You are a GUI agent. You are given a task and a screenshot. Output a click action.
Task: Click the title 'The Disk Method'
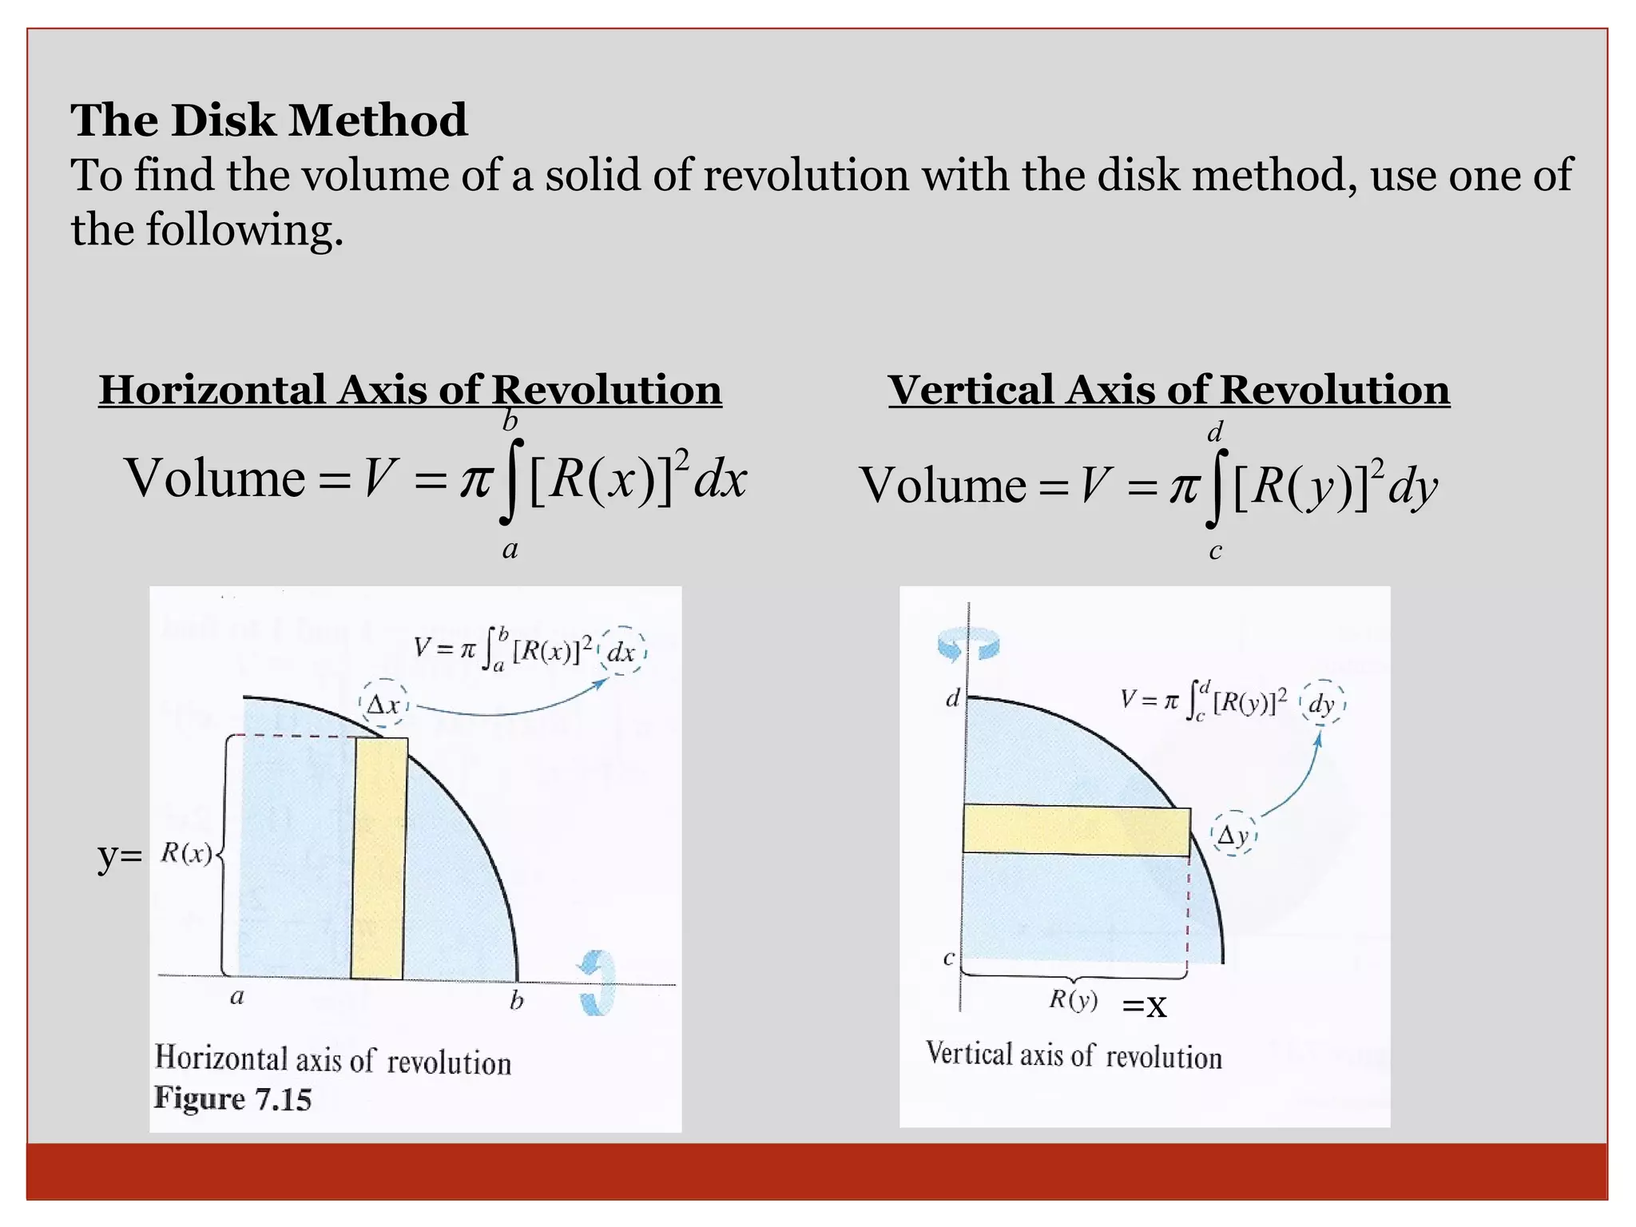[x=269, y=120]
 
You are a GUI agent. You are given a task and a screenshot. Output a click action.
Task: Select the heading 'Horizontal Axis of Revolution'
[x=410, y=390]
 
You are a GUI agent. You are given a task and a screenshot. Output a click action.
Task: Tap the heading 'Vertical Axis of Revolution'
[x=1169, y=390]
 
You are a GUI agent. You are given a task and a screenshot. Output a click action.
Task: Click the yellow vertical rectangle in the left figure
[x=379, y=859]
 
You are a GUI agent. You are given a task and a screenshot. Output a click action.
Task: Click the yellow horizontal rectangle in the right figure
[x=1076, y=831]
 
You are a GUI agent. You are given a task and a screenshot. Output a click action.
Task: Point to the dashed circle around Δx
[x=384, y=704]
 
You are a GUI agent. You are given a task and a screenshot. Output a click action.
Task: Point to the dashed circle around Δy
[x=1234, y=835]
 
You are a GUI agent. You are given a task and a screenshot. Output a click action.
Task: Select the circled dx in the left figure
[x=621, y=652]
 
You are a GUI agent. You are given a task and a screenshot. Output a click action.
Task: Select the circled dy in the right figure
[x=1323, y=704]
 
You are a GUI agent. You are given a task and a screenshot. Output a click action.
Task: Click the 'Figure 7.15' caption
[x=232, y=1099]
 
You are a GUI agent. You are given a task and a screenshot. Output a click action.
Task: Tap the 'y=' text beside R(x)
[x=120, y=856]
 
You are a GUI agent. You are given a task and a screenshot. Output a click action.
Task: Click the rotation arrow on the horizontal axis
[x=598, y=983]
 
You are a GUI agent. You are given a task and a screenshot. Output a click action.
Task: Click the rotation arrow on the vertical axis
[x=968, y=644]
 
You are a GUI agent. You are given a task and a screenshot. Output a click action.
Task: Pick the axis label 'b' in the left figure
[x=517, y=1000]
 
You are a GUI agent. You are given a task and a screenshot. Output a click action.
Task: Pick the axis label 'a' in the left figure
[x=237, y=997]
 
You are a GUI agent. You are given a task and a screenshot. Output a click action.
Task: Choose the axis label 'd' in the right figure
[x=953, y=699]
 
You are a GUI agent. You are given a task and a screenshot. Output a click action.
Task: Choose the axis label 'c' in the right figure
[x=949, y=958]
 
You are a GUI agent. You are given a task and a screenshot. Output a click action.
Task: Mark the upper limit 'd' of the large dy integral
[x=1215, y=433]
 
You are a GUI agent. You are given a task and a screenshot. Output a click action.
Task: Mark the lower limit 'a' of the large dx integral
[x=510, y=550]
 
